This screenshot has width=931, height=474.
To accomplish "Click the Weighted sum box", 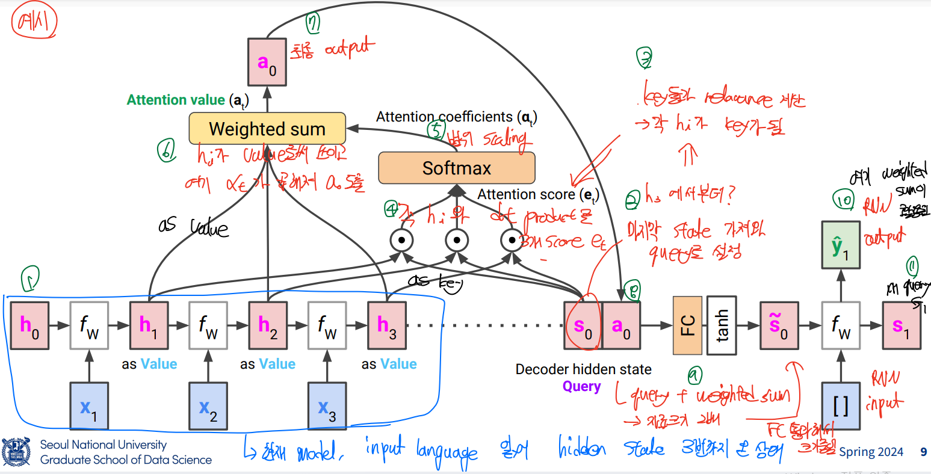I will tap(267, 129).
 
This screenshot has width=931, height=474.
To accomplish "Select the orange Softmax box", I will tap(456, 168).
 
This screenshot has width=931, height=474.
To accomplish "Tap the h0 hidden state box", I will tap(29, 325).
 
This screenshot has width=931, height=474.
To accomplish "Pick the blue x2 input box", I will tap(208, 407).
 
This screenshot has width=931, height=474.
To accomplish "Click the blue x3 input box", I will tap(327, 407).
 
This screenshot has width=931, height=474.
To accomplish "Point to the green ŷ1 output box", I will tap(841, 245).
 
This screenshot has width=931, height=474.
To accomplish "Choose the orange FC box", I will tap(687, 325).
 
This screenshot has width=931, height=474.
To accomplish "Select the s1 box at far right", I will tap(902, 325).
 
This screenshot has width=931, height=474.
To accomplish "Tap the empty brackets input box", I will tap(841, 407).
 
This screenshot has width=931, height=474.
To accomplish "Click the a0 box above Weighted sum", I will tap(267, 61).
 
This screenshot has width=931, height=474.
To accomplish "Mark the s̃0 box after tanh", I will tap(779, 325).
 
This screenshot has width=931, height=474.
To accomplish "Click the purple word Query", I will tap(581, 386).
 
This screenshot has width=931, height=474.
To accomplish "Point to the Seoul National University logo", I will tap(16, 452).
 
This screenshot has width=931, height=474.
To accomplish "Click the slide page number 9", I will tap(923, 452).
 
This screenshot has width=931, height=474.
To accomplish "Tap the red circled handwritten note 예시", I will tap(34, 22).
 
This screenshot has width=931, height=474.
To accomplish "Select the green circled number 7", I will tap(312, 23).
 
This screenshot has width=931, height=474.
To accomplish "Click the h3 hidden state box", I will tap(387, 325).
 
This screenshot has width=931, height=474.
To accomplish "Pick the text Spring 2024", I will tap(871, 452).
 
